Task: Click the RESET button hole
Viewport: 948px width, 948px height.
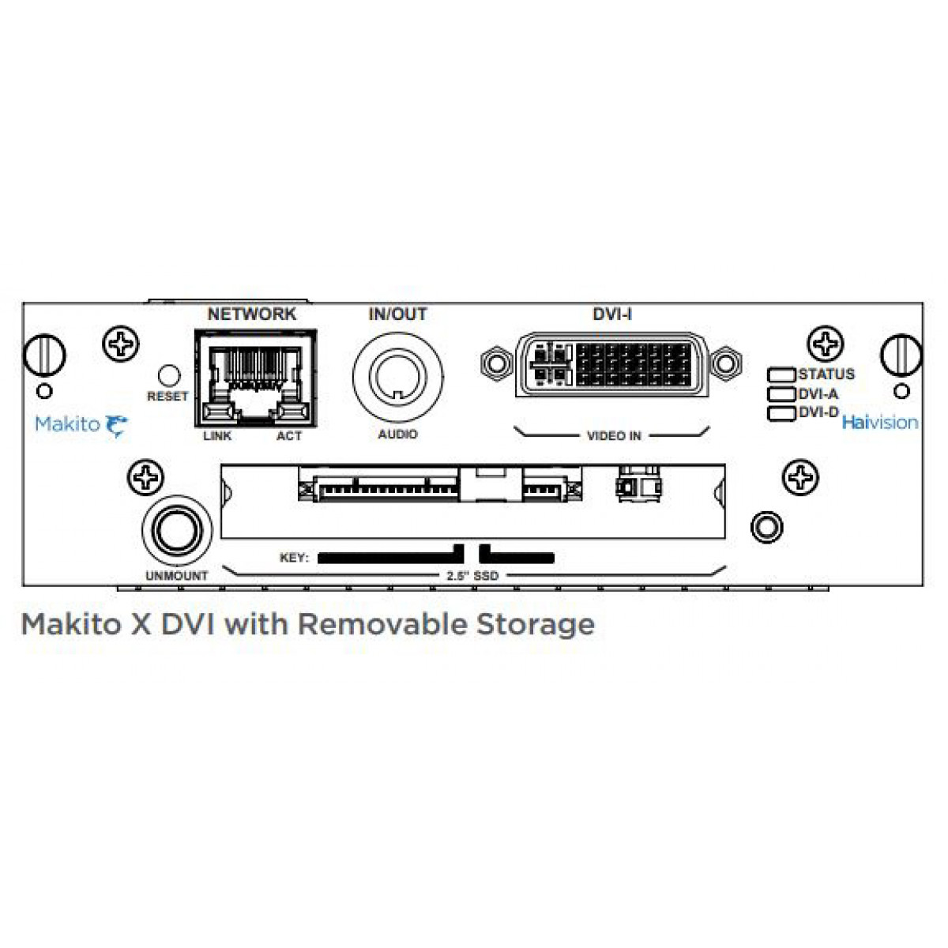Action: [x=169, y=375]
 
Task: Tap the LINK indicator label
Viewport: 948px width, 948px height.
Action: [x=217, y=436]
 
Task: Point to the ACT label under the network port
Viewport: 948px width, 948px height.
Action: [x=289, y=436]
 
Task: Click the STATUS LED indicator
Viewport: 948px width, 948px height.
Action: [x=781, y=375]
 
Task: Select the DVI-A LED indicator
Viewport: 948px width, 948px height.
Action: [x=781, y=394]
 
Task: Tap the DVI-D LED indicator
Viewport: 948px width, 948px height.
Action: [x=781, y=413]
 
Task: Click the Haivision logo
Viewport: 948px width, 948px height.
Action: [x=879, y=423]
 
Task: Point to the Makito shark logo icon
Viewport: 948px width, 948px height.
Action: [x=116, y=426]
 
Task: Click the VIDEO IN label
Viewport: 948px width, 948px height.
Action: [x=614, y=436]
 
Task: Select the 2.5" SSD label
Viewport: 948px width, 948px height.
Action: [x=472, y=576]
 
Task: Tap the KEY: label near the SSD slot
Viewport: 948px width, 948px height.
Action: [x=294, y=558]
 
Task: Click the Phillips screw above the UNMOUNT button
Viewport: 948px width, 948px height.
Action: [x=145, y=477]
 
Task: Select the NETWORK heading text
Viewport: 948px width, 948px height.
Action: [x=252, y=314]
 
